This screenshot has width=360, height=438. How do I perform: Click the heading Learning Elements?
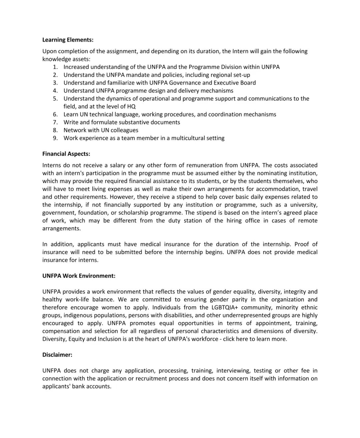[68, 40]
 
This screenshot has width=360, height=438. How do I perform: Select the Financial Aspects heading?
[66, 154]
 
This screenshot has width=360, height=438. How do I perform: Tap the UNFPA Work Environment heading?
[79, 276]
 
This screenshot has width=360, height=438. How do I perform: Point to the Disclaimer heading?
[57, 355]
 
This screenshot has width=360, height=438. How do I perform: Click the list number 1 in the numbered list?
[55, 67]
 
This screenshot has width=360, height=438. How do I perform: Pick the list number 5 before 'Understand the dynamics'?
[55, 99]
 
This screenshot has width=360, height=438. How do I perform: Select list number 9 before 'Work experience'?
[55, 138]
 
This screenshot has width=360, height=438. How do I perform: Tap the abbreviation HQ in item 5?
[131, 107]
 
